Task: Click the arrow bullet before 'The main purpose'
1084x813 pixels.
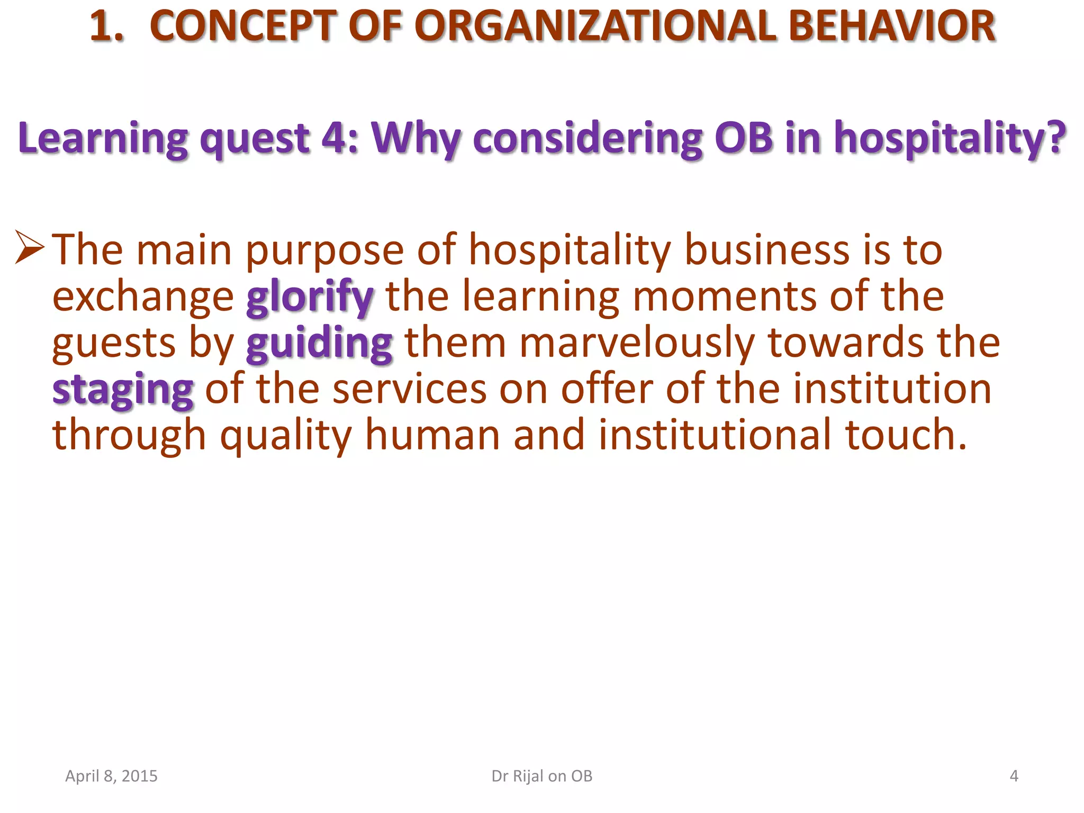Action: (30, 247)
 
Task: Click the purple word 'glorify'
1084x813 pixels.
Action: (310, 297)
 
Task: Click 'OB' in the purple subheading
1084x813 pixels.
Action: (743, 138)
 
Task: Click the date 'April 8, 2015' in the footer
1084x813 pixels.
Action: (111, 776)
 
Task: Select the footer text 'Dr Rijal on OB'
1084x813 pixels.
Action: (542, 776)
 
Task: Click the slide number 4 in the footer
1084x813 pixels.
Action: (1014, 776)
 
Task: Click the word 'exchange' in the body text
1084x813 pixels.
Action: (143, 297)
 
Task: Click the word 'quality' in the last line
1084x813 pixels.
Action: (286, 436)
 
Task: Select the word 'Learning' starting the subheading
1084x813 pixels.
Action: (103, 138)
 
